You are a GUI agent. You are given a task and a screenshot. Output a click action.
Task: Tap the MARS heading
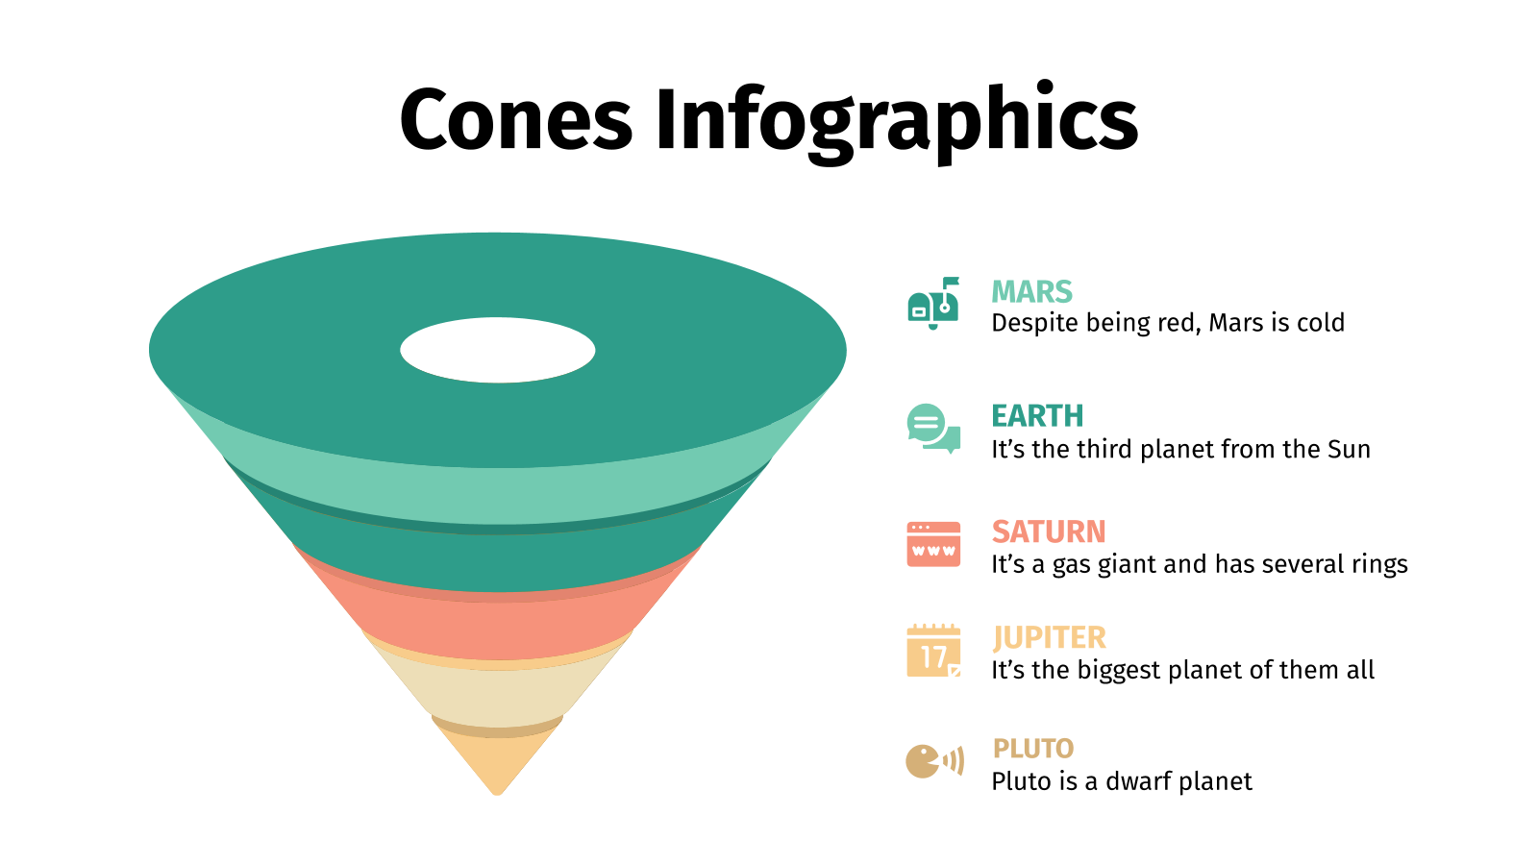click(x=1031, y=291)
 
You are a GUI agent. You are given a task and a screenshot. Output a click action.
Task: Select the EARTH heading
click(x=1037, y=416)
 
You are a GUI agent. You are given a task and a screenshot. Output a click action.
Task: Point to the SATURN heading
click(x=1049, y=531)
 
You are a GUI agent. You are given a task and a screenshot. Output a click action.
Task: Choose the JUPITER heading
click(x=1049, y=637)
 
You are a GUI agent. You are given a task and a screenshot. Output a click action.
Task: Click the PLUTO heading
click(x=1033, y=748)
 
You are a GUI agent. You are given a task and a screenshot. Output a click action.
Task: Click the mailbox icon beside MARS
click(x=933, y=304)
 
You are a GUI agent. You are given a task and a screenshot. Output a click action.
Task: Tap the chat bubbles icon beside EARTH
click(x=932, y=428)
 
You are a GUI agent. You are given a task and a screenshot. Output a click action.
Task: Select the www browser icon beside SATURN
click(x=933, y=544)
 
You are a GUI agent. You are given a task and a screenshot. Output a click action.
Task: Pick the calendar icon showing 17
click(x=933, y=651)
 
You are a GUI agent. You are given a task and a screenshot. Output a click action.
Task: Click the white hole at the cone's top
click(x=498, y=350)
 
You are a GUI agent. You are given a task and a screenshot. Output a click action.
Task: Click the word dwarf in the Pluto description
click(x=1140, y=781)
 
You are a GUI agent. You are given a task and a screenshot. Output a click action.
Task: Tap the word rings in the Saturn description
click(x=1379, y=564)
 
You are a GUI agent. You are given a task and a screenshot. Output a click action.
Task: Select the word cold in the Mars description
click(x=1320, y=323)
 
